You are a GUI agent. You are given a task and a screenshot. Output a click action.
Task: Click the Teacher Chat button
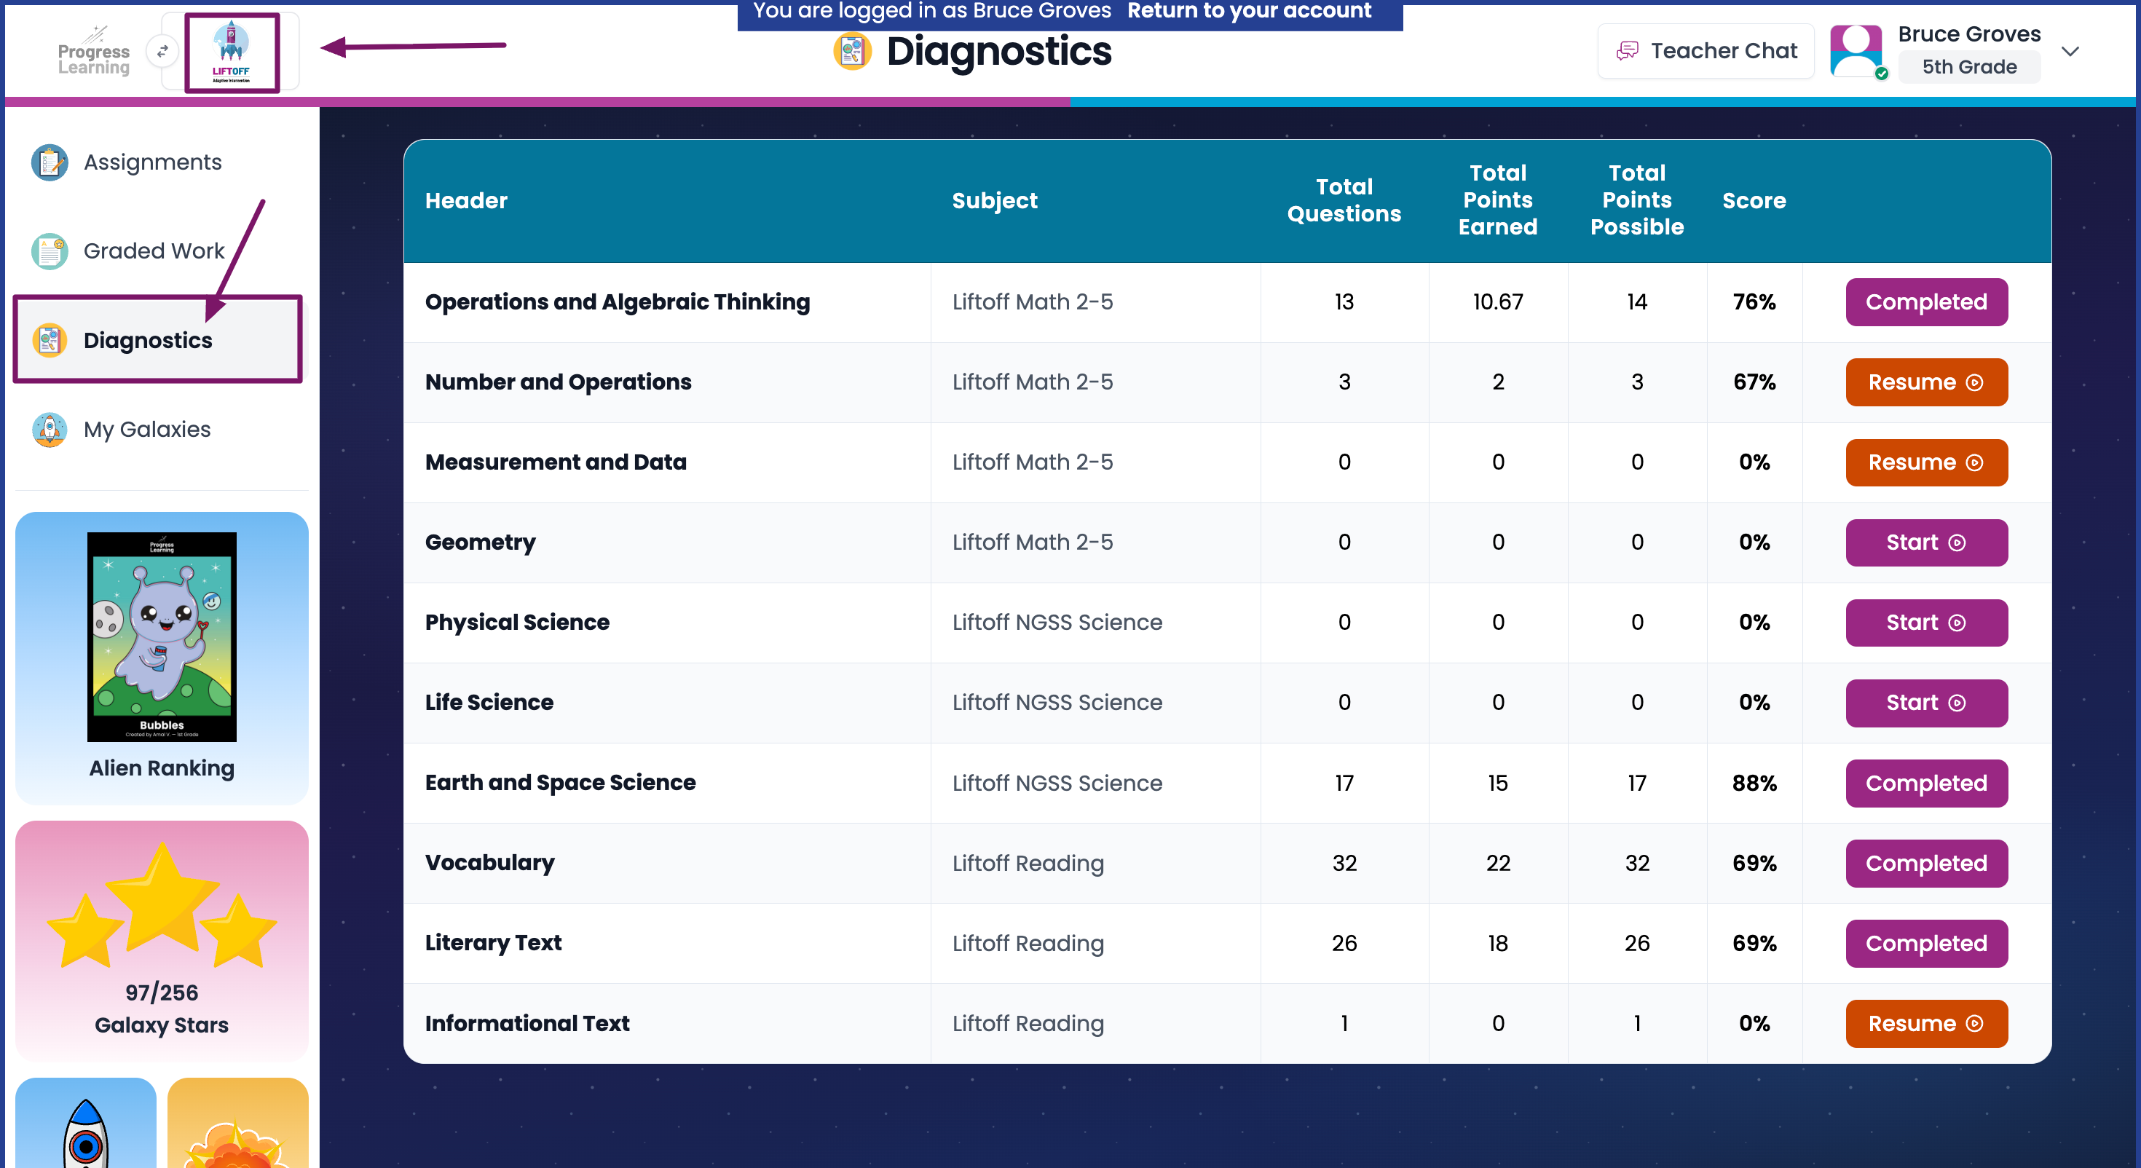tap(1706, 51)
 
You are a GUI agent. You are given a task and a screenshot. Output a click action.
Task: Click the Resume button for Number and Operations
tap(1925, 382)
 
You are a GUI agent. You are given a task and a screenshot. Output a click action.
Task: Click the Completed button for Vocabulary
tap(1925, 863)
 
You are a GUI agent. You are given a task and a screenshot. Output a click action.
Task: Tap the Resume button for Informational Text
tap(1925, 1023)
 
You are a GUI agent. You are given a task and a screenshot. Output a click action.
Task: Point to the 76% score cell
tap(1754, 301)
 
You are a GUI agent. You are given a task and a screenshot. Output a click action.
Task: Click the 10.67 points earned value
tap(1498, 301)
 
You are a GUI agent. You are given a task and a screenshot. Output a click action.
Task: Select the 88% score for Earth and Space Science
tap(1754, 783)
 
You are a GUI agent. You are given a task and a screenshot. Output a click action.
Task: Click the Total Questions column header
tap(1344, 200)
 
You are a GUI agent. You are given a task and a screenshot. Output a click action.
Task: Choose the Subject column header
tap(995, 200)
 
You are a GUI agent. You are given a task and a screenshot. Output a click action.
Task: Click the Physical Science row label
tap(517, 623)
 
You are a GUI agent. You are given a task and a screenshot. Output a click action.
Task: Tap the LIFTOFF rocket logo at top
tap(231, 52)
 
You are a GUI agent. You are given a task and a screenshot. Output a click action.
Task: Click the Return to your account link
tap(1248, 11)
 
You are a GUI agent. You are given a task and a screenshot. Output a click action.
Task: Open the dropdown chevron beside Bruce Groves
tap(2070, 52)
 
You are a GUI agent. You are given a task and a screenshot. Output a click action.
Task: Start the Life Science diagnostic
tap(1925, 703)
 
